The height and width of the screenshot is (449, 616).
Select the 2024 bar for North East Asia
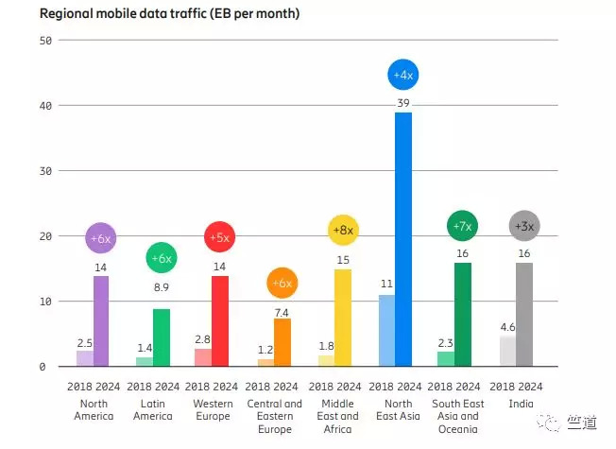point(402,238)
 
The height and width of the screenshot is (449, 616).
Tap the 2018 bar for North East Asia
point(385,330)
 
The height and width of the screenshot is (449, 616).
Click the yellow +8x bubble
point(343,230)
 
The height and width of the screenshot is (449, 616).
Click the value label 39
point(403,103)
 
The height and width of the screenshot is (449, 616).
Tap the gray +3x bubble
point(523,226)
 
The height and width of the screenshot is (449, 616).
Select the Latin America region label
point(151,410)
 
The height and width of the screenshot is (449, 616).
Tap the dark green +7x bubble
point(463,226)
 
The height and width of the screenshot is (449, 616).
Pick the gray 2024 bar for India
point(523,314)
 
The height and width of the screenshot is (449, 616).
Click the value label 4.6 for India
point(506,327)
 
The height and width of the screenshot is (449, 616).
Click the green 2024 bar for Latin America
point(161,337)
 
